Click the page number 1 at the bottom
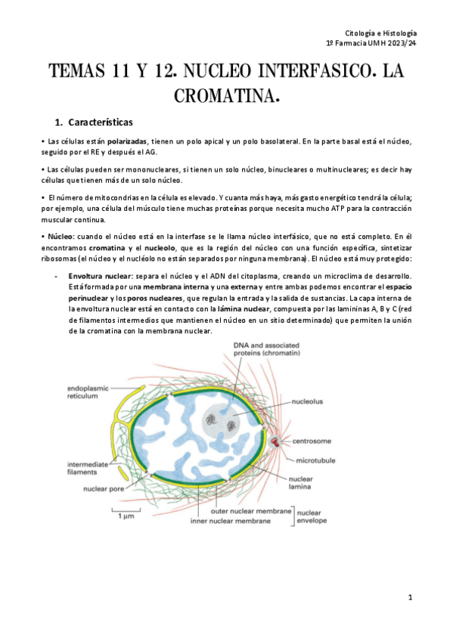pyautogui.click(x=409, y=597)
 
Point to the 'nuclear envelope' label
pyautogui.click(x=312, y=516)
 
